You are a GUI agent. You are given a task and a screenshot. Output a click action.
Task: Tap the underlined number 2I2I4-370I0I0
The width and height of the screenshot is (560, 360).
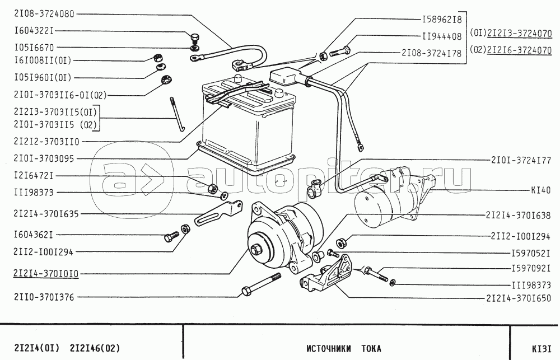[42, 274]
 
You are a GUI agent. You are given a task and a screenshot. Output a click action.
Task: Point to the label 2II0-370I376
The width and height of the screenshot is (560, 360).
[42, 297]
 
